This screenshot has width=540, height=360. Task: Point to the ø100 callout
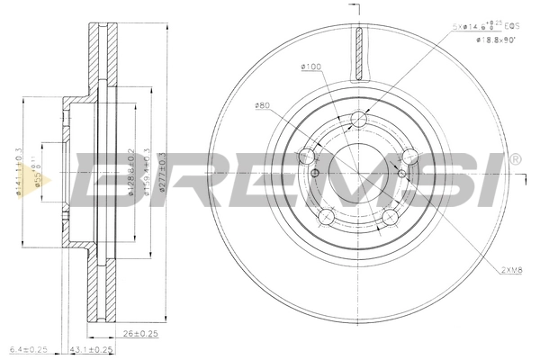point(311,67)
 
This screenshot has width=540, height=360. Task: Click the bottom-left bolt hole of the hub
point(327,217)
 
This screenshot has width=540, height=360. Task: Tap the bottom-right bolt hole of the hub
point(391,217)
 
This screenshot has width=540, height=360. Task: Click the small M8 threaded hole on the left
point(316,171)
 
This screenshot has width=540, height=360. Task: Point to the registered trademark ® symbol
point(514,159)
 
